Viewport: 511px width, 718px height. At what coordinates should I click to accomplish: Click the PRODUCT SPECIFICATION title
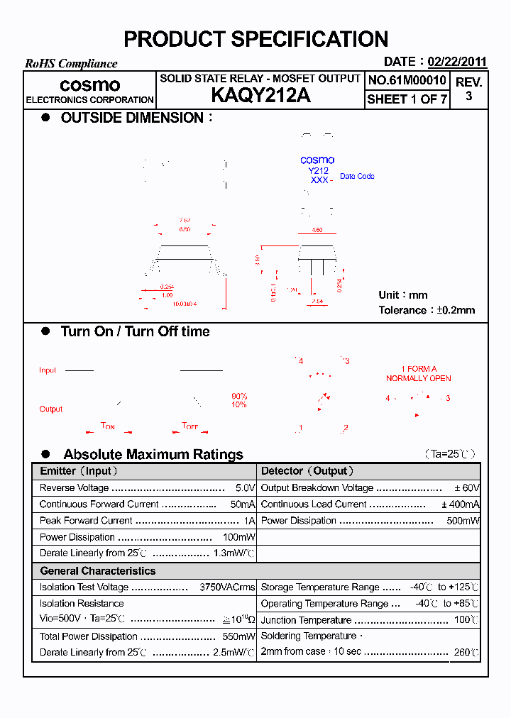coord(255,39)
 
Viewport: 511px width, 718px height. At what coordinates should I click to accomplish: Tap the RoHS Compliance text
coord(71,64)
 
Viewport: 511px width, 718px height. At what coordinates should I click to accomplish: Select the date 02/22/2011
coord(457,62)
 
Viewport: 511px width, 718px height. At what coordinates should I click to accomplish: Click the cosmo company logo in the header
coord(89,85)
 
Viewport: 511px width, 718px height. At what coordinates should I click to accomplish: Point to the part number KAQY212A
coord(260,96)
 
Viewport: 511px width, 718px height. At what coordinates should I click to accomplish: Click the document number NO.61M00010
coord(407,81)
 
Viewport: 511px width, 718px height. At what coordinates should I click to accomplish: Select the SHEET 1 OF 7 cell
coord(407,99)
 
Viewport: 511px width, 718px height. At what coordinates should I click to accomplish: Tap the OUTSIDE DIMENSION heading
coord(132,118)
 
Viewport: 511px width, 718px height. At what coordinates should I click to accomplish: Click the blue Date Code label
coord(357,176)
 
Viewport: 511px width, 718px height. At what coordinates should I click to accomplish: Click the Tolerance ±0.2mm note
coord(427,310)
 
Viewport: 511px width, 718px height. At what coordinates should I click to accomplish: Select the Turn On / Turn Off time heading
coord(135,331)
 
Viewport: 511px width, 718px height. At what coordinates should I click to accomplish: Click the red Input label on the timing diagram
coord(48,370)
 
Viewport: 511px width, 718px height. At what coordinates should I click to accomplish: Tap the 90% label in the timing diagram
coord(239,396)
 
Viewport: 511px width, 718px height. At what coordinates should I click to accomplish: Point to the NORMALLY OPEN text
coord(418,378)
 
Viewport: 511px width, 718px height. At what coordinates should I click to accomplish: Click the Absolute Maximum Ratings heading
coord(153,454)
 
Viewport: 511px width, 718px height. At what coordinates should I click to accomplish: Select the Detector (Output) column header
coord(307,471)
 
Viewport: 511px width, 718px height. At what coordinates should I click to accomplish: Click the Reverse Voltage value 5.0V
coord(245,488)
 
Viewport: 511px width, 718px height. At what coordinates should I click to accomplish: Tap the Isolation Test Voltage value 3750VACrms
coord(227,587)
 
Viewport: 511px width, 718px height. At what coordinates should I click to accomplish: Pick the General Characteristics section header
coord(98,571)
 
